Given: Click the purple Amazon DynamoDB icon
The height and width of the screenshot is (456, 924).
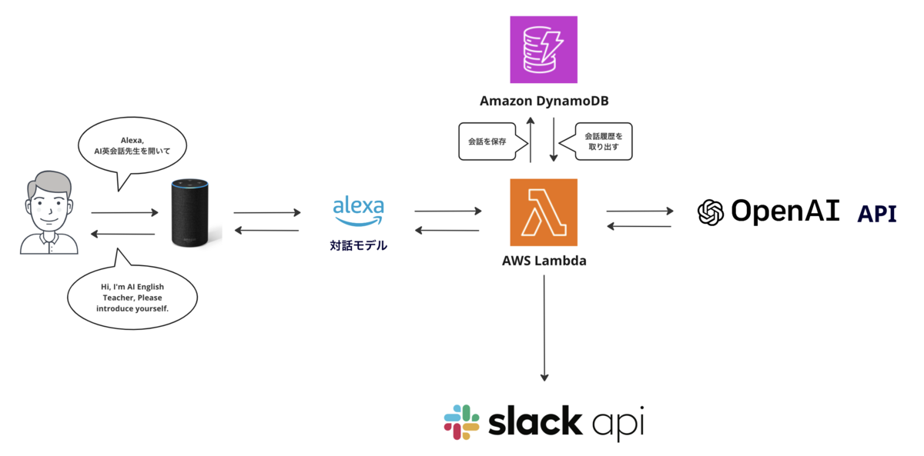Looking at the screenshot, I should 544,49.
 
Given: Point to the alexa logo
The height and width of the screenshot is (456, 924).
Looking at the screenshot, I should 357,212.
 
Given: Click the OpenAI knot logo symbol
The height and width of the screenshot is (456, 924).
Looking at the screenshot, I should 711,212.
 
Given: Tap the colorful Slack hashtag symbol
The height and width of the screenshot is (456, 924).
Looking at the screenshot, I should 462,422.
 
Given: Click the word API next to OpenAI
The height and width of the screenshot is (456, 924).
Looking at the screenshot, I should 877,214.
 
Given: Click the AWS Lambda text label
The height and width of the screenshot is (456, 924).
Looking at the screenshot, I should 544,261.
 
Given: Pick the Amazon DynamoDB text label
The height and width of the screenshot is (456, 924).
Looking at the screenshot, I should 544,102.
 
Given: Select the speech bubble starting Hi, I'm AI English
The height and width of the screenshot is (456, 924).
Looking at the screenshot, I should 132,297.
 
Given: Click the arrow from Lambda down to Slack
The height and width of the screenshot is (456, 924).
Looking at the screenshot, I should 544,327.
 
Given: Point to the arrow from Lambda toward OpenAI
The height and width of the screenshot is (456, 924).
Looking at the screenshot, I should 639,210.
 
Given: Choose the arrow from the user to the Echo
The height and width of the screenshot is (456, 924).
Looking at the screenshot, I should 123,212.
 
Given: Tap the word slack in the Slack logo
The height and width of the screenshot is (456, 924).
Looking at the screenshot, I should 535,422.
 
